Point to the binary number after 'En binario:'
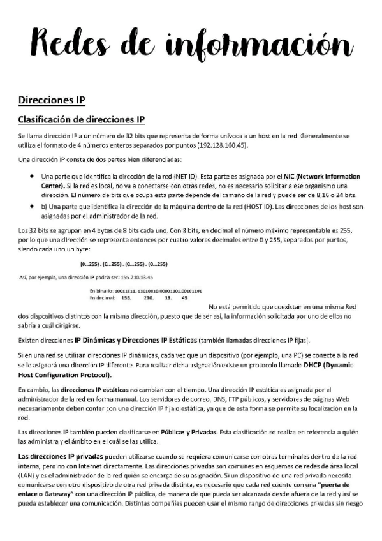pyautogui.click(x=151, y=290)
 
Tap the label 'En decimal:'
pyautogui.click(x=101, y=297)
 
